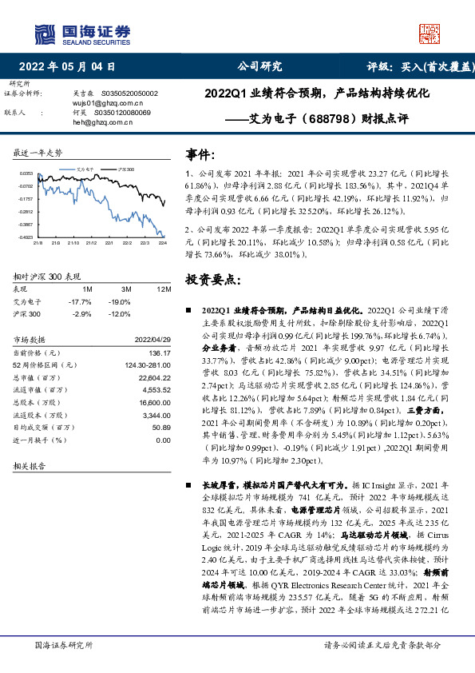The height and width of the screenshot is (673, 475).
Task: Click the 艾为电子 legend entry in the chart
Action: (x=86, y=170)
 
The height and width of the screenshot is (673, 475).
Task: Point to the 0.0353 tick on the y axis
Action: (x=26, y=173)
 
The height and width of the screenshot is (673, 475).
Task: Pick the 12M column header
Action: (x=164, y=288)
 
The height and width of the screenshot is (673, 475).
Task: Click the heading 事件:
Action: (x=200, y=153)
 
